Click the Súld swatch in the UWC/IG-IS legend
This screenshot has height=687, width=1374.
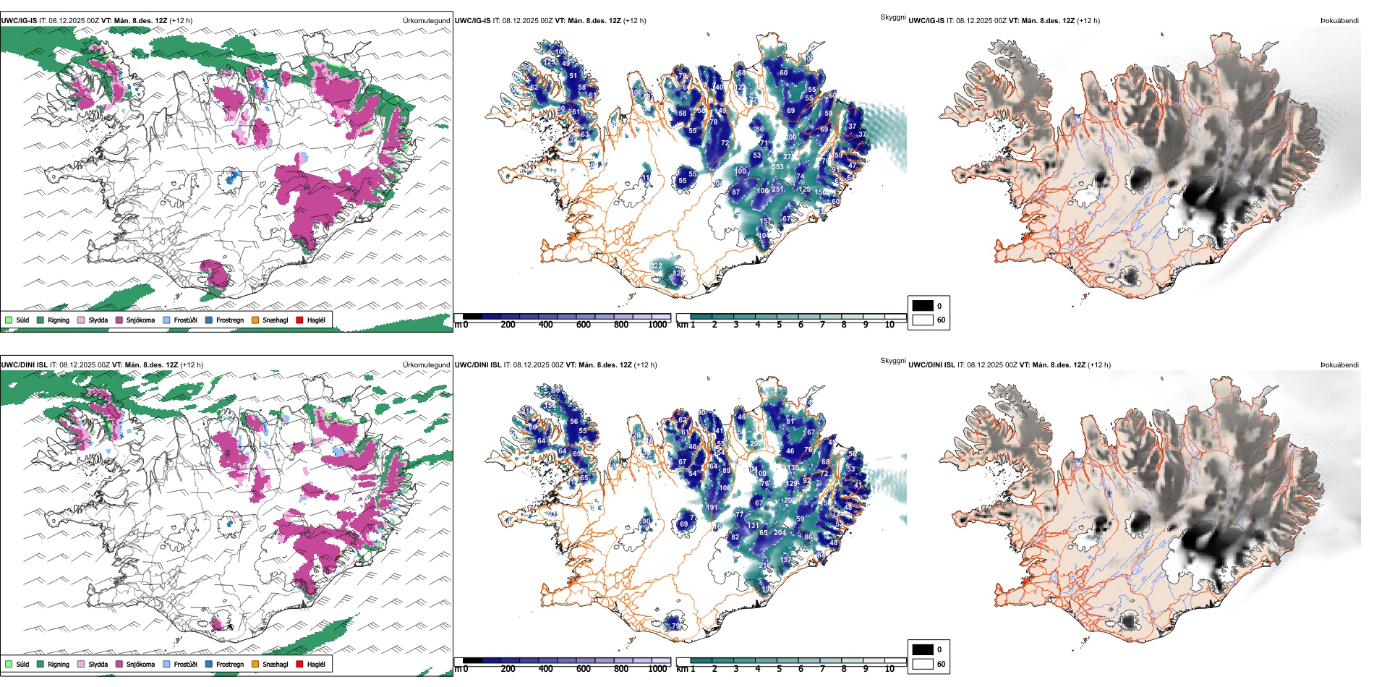(x=9, y=320)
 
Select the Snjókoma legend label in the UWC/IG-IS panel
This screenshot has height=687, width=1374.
(x=140, y=320)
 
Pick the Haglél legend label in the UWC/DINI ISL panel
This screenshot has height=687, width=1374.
(x=316, y=664)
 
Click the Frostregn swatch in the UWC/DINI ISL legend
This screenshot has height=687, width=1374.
(x=209, y=664)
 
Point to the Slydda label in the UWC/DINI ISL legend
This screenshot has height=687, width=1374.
(x=98, y=664)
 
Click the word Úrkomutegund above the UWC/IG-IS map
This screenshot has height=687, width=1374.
(x=426, y=20)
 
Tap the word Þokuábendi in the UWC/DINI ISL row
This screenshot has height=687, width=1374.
(x=1339, y=364)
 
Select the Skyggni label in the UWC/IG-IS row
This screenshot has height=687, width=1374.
(x=892, y=17)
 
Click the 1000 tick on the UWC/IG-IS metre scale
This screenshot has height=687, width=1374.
(x=657, y=325)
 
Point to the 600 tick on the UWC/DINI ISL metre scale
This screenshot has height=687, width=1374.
(x=584, y=669)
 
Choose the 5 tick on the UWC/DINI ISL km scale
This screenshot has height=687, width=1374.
(x=780, y=669)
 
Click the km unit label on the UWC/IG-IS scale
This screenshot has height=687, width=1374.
(x=681, y=325)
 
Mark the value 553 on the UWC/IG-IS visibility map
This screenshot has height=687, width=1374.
(x=777, y=167)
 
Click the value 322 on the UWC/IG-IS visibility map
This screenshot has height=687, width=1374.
(x=655, y=266)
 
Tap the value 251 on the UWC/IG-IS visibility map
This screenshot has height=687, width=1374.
(x=777, y=189)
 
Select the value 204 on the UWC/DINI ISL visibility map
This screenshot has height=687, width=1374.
(x=780, y=532)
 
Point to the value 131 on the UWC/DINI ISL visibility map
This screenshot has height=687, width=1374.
(x=753, y=526)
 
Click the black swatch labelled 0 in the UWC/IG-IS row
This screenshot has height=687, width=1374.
(x=923, y=306)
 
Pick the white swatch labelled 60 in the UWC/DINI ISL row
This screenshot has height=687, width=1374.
(x=923, y=664)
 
